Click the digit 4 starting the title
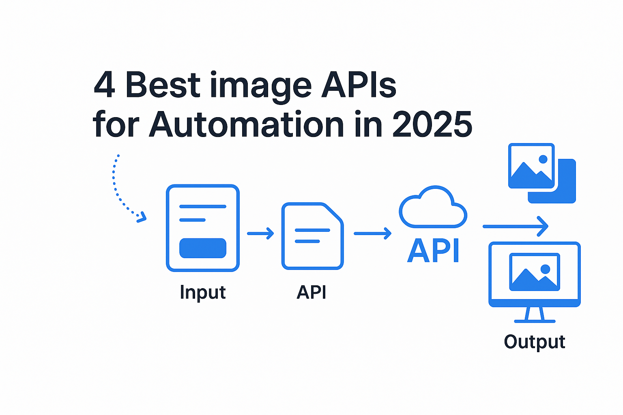tap(104, 85)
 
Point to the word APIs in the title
tap(359, 85)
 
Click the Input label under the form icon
tap(203, 292)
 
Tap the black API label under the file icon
tap(311, 292)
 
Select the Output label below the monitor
tap(535, 342)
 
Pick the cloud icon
tap(433, 207)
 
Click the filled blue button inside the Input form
tap(203, 248)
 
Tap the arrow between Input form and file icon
tap(261, 233)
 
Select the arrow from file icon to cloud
tap(372, 233)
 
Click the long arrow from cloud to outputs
tap(515, 226)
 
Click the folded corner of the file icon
tap(335, 213)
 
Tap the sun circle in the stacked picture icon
tap(543, 159)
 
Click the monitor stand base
tap(535, 321)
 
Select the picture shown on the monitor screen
tap(535, 272)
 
